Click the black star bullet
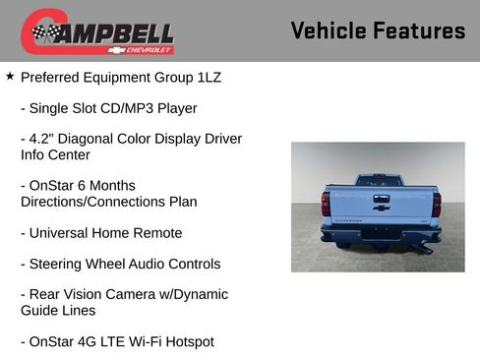(10, 76)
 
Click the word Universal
(64, 233)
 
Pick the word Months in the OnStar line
(110, 186)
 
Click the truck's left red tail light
(326, 204)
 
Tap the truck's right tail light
(437, 204)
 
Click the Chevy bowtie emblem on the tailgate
(381, 208)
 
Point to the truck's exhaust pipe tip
(428, 251)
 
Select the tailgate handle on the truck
(381, 197)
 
